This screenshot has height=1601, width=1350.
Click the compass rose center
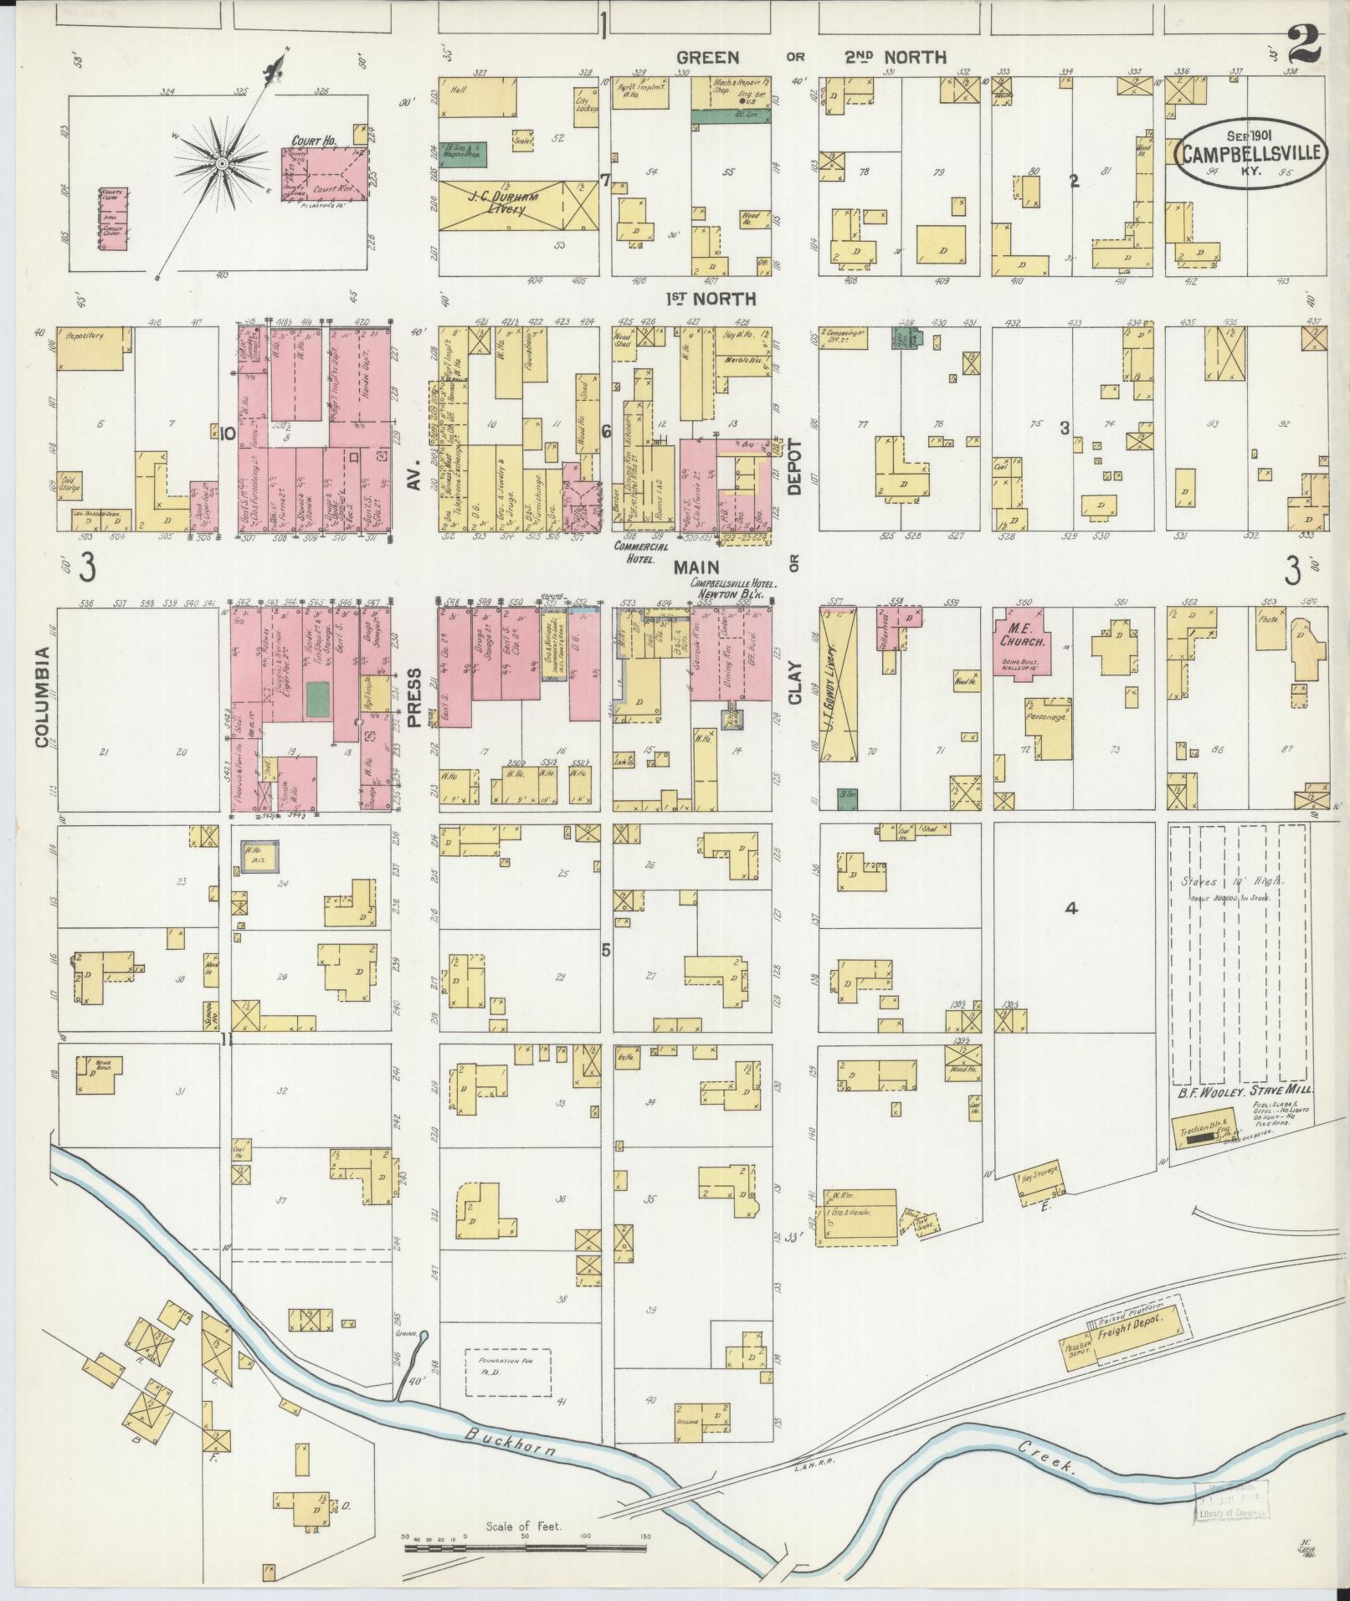[x=222, y=163]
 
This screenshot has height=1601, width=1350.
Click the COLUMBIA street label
[x=42, y=695]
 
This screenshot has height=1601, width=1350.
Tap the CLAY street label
[x=793, y=683]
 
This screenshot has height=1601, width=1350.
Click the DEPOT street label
[x=793, y=468]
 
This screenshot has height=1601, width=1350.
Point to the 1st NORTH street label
[x=710, y=299]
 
